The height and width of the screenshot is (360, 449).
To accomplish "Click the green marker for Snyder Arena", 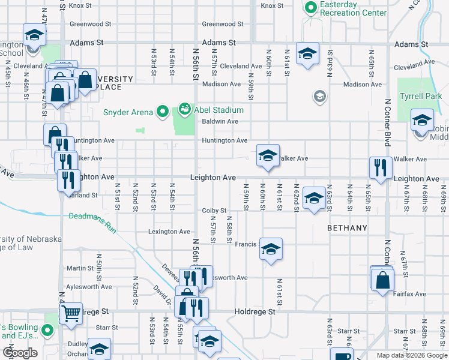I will [161, 110].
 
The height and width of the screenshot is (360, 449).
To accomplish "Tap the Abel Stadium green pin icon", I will [184, 110].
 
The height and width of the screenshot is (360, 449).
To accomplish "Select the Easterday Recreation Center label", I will [353, 8].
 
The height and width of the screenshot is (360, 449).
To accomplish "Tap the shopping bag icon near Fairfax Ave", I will [382, 280].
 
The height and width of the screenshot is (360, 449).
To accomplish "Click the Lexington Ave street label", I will [169, 232].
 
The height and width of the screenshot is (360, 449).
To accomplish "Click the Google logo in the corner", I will [20, 353].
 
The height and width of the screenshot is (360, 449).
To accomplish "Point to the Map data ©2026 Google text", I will [411, 355].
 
